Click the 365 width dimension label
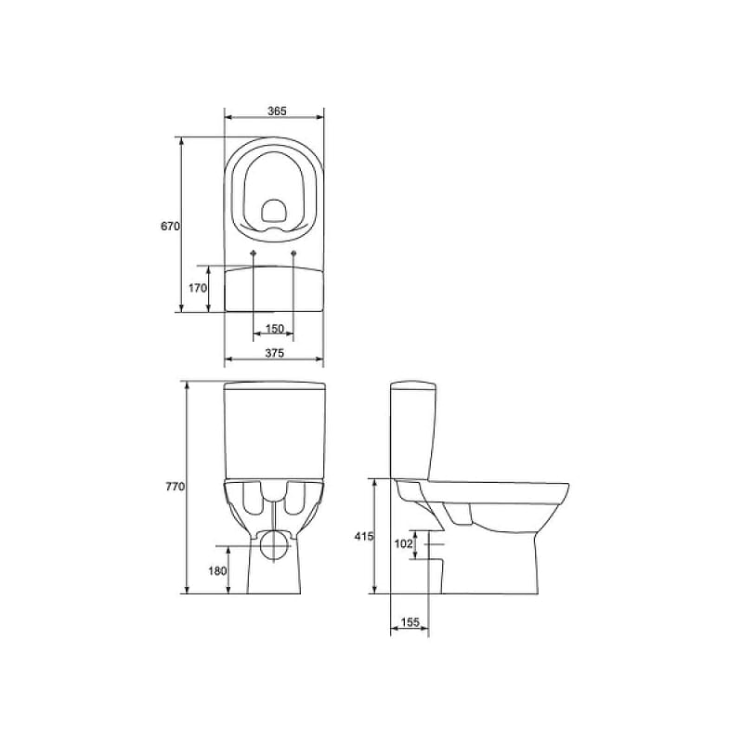pyautogui.click(x=277, y=111)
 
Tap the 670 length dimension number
pyautogui.click(x=170, y=227)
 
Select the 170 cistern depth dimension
pyautogui.click(x=198, y=288)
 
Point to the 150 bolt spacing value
pyautogui.click(x=274, y=329)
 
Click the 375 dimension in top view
pyautogui.click(x=274, y=353)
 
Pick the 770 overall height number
pyautogui.click(x=175, y=486)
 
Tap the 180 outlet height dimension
pyautogui.click(x=217, y=571)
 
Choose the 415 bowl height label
pyautogui.click(x=364, y=537)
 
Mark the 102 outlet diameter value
pyautogui.click(x=404, y=544)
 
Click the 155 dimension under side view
pyautogui.click(x=411, y=622)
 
